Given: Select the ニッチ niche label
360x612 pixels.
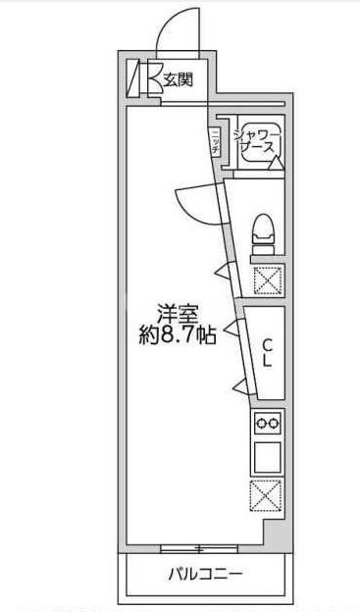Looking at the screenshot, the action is (x=214, y=140).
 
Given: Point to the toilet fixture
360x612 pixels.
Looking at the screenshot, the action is (x=263, y=231).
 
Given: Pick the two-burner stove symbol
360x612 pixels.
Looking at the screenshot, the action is (x=267, y=423).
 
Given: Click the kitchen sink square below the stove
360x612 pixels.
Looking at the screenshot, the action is (x=267, y=457).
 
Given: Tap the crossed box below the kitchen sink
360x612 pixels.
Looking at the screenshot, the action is (x=266, y=495).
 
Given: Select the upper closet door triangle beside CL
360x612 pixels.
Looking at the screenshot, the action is (x=233, y=331).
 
